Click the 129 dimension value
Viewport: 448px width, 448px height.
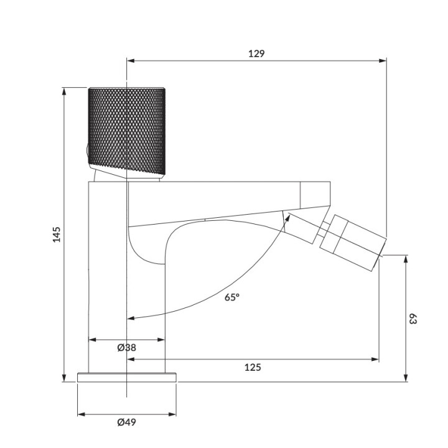[256, 54]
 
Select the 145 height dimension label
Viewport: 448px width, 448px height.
[57, 235]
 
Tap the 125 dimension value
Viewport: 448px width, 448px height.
[253, 367]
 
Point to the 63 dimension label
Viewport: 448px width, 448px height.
[413, 319]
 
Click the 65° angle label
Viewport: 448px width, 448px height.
[231, 297]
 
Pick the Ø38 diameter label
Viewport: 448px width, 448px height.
[126, 348]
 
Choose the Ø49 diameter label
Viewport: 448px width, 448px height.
[126, 422]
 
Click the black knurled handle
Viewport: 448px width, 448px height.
[127, 129]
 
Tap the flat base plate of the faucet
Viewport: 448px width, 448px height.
[127, 377]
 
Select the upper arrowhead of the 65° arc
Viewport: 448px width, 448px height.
[287, 215]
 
